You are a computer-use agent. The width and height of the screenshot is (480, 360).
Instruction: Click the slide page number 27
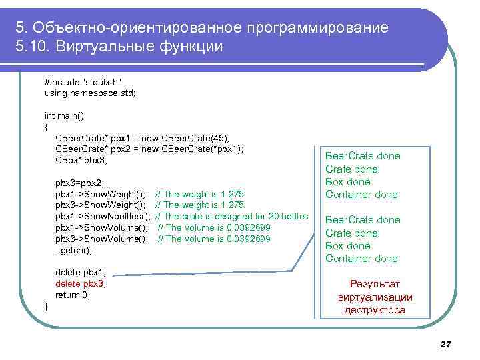(446, 344)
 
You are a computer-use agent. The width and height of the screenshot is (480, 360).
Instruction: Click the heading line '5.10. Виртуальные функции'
(120, 47)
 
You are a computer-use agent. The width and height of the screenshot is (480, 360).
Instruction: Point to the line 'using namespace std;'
(89, 93)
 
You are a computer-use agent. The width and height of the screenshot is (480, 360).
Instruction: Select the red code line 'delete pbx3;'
(81, 283)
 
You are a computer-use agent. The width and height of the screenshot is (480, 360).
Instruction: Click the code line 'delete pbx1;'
(81, 272)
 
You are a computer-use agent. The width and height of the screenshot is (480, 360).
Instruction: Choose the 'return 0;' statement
(72, 295)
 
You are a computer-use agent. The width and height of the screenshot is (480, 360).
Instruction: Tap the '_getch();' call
(73, 250)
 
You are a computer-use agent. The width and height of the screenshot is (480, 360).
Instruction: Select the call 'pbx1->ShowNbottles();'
(102, 217)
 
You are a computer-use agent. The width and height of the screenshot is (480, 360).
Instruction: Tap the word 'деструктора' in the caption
(375, 310)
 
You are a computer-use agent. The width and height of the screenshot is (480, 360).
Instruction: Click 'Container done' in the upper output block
(361, 195)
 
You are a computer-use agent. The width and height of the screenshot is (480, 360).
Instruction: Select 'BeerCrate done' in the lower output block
(363, 220)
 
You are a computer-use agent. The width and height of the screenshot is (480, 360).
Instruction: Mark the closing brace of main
(46, 306)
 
